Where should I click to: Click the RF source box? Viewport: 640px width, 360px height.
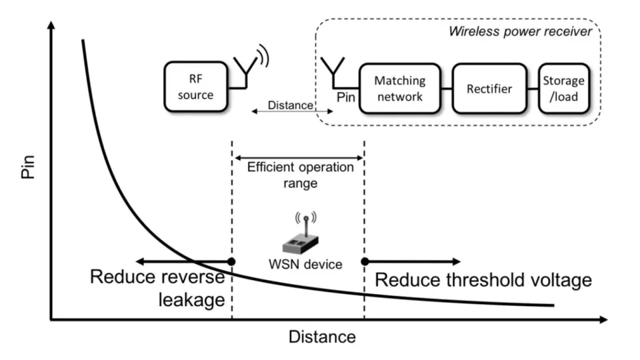pos(195,87)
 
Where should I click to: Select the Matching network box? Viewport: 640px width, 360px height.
pos(399,89)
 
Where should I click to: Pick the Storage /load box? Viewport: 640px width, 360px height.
pos(563,89)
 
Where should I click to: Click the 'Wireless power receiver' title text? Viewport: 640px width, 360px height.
pos(520,31)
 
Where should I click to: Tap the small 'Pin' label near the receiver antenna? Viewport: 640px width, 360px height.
pos(346,97)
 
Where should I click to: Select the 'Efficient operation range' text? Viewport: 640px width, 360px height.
pos(300,175)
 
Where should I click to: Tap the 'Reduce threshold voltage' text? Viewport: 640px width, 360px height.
pos(483,279)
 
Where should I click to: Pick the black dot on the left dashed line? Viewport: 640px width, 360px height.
pos(231,261)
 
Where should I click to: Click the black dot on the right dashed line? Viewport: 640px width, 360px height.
pos(365,261)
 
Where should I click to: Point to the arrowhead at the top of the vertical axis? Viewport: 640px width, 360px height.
pos(51,27)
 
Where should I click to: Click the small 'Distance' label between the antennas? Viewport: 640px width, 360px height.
pos(289,105)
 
